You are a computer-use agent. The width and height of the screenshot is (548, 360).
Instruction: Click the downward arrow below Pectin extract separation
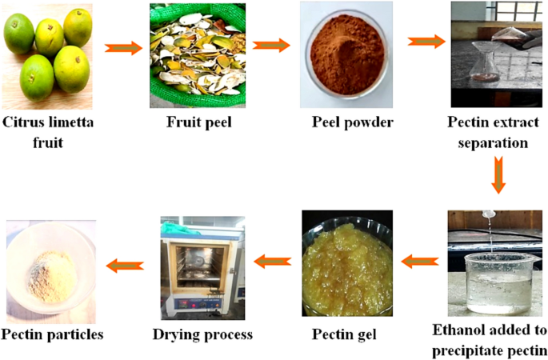(498, 175)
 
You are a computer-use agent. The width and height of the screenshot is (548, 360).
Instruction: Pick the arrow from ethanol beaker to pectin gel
(419, 261)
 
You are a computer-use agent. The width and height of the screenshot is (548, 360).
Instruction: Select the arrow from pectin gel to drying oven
(272, 260)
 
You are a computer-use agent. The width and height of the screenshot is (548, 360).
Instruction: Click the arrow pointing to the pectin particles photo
(126, 265)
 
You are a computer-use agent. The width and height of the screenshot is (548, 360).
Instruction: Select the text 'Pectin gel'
(346, 334)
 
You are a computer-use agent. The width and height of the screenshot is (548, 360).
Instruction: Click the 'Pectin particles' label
(52, 334)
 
